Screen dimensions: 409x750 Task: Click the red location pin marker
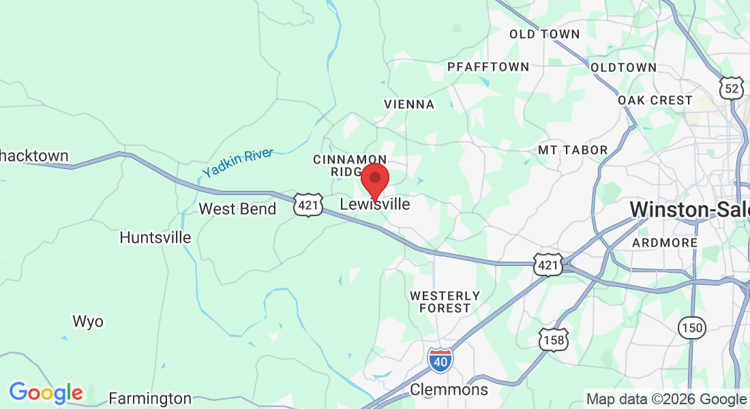coord(374,180)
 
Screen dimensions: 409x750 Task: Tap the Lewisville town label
coord(375,204)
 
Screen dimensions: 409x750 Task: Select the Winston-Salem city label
coord(689,209)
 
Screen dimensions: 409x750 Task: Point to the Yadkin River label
coord(237,163)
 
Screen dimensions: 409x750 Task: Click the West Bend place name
coord(237,209)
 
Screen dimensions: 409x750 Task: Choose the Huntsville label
coord(155,238)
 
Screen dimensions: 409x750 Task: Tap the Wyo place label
coord(88,321)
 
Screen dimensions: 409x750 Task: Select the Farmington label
coord(150,398)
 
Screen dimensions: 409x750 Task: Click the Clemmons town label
coord(449,390)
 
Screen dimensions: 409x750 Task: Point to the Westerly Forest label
coord(445,302)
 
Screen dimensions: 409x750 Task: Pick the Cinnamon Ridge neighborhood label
coord(345,165)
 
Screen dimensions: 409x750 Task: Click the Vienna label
coord(409,104)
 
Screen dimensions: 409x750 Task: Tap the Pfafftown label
coord(488,67)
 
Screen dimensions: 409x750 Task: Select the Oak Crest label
coord(655,100)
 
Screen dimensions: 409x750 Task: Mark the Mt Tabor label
coord(573,150)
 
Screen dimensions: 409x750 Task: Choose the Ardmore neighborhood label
coord(665,243)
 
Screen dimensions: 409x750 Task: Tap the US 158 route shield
coord(553,339)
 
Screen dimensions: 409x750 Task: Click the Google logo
coord(46,393)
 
